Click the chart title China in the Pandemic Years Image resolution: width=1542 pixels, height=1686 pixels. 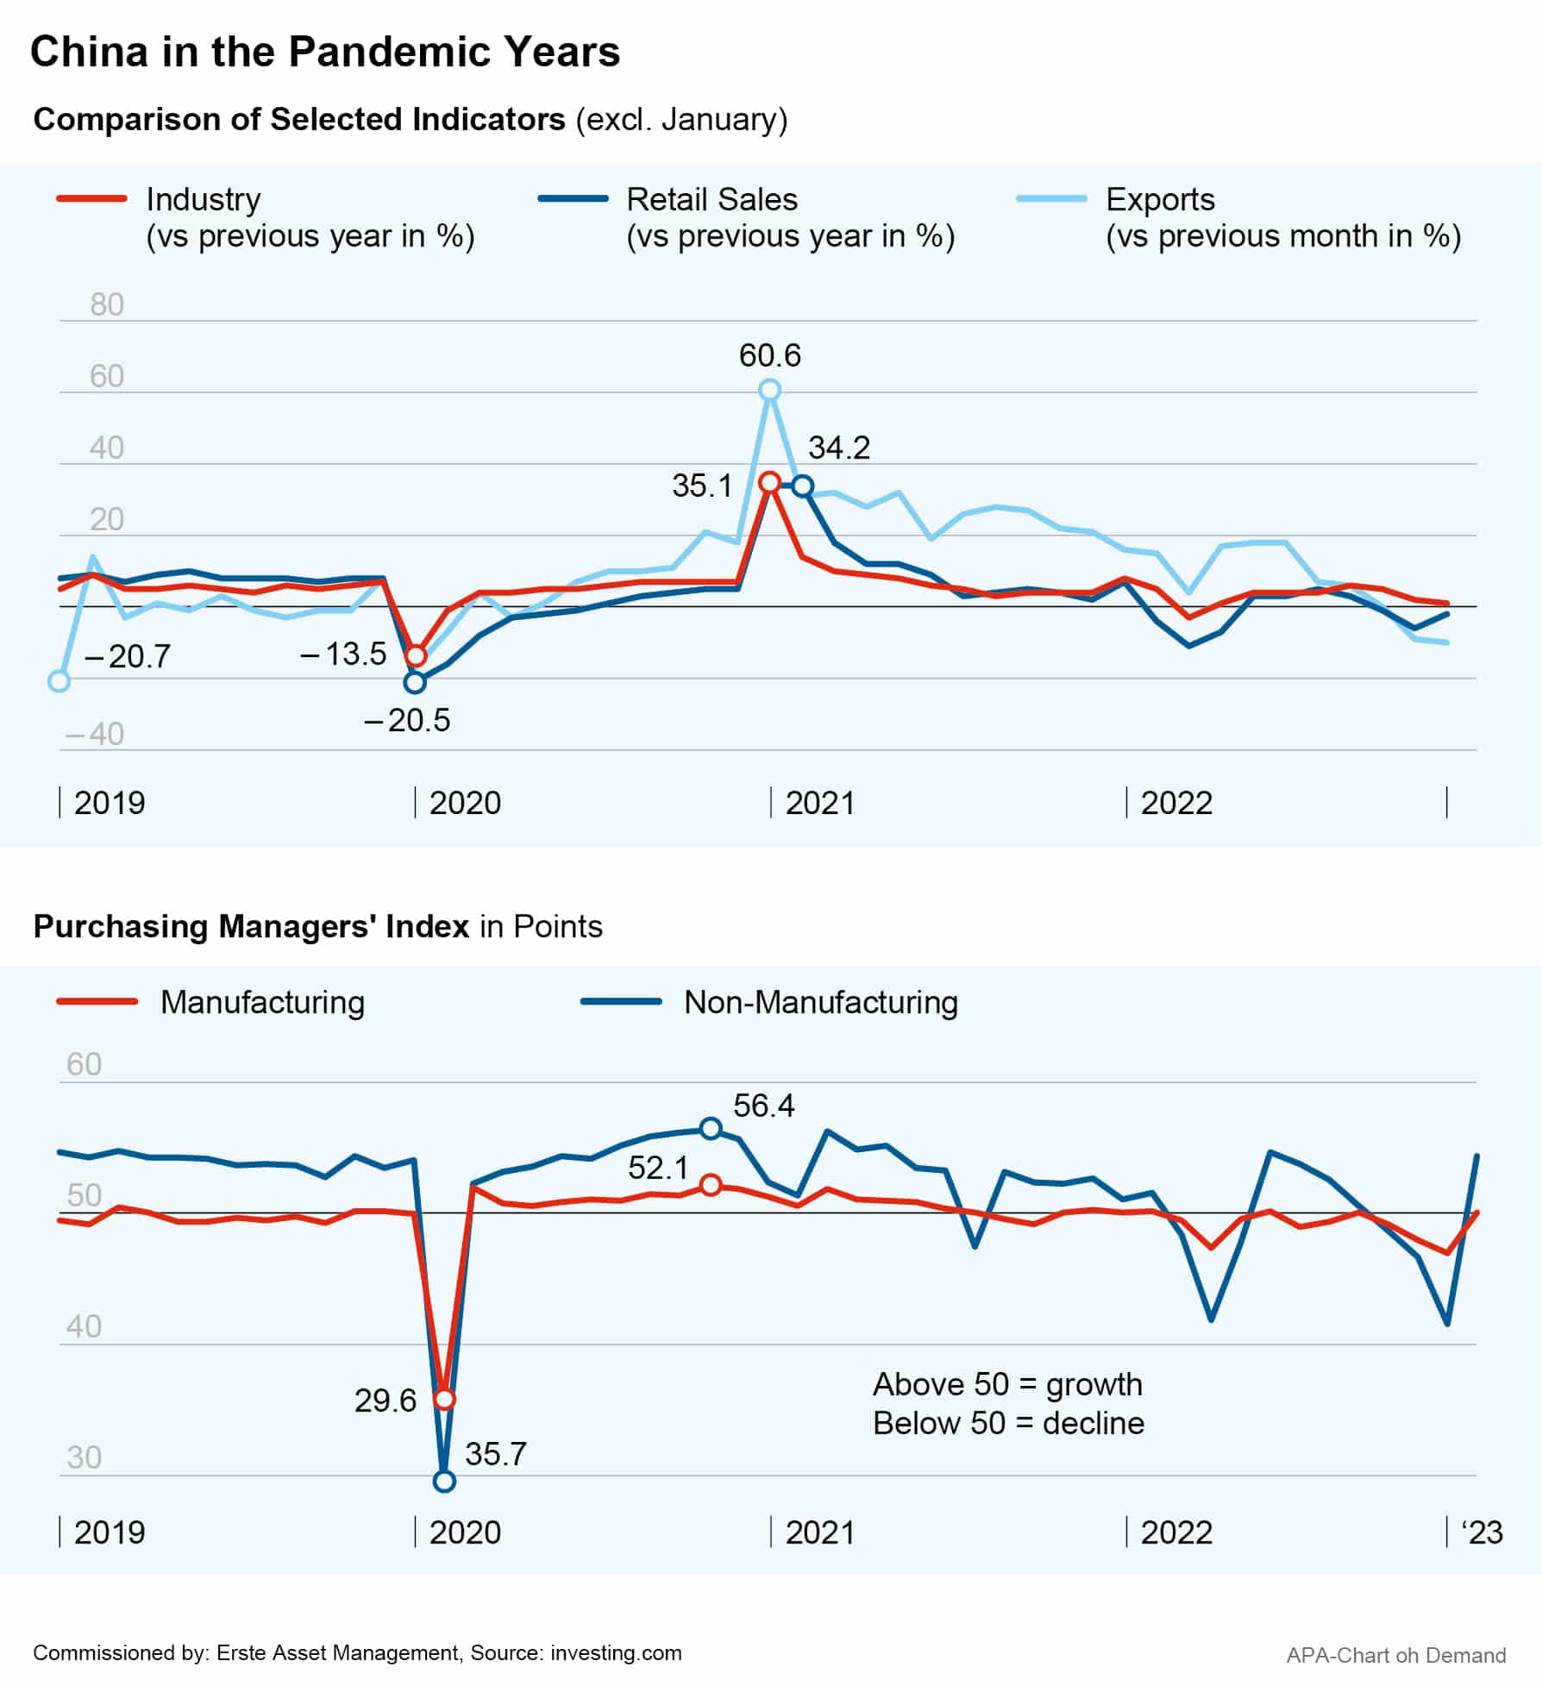click(x=325, y=52)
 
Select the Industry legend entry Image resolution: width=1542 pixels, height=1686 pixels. click(x=204, y=199)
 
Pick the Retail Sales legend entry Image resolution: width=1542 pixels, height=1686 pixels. click(x=711, y=199)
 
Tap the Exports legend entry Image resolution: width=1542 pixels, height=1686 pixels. click(x=1160, y=199)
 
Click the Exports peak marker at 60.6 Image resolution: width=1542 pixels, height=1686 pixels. click(x=770, y=391)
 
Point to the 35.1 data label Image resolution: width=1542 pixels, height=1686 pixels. click(x=702, y=486)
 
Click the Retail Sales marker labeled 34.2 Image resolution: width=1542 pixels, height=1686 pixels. click(x=803, y=486)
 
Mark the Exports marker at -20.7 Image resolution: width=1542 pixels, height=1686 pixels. click(x=59, y=681)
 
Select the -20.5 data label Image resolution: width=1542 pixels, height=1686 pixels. click(x=407, y=720)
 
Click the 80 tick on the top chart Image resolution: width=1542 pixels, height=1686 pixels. click(x=107, y=304)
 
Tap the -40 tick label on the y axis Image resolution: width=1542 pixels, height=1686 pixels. click(x=95, y=734)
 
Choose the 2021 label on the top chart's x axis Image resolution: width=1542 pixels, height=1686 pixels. click(x=819, y=803)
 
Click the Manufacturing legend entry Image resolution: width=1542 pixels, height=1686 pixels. click(x=262, y=1002)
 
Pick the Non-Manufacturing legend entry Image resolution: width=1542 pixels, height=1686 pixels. click(x=820, y=1002)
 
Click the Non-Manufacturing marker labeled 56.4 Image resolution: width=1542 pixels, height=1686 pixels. click(x=711, y=1129)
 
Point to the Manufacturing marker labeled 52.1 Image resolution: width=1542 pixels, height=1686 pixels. click(x=711, y=1186)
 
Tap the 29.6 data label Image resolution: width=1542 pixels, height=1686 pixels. click(x=385, y=1401)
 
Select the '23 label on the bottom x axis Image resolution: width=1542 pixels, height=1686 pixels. click(x=1482, y=1532)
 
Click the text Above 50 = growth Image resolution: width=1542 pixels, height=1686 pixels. click(x=1007, y=1384)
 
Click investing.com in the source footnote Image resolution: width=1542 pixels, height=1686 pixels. click(x=616, y=1652)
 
